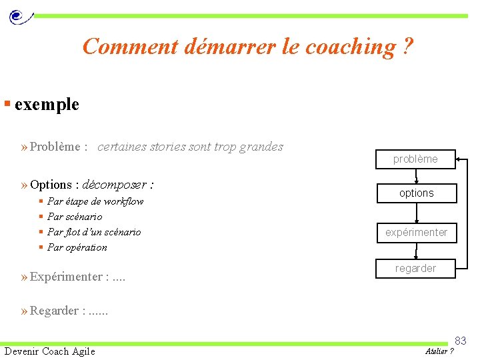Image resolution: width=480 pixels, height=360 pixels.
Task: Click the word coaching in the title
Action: coord(350,47)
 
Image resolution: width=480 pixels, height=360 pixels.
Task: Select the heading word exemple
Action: coord(47,105)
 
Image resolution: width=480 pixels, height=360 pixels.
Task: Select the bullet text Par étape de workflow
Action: coord(95,201)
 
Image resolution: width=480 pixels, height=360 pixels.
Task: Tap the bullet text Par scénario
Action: coord(75,217)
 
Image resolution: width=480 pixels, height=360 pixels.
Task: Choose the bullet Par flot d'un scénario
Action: coord(94,232)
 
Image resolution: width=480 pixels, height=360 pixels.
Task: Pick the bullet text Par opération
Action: coord(77,247)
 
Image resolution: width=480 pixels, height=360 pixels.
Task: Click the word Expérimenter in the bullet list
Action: coord(66,277)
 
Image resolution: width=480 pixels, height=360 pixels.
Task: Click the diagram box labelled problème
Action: coord(415,159)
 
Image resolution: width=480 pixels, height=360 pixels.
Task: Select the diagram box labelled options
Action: coord(416,193)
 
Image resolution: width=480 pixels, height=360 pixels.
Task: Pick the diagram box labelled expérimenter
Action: coord(416,233)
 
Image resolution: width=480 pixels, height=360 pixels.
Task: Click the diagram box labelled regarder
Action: coord(415,268)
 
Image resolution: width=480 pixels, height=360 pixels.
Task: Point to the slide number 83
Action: coord(461,341)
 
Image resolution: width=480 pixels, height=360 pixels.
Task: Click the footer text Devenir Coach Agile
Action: coord(50,351)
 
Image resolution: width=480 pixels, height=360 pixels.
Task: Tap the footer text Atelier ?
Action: coord(439,351)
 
